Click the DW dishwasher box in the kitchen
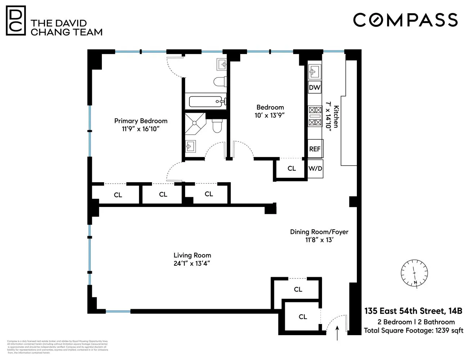point(314,87)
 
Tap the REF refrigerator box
point(315,149)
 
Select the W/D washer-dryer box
point(315,168)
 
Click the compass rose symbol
point(415,273)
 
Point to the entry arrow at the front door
point(337,333)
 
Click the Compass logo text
point(405,20)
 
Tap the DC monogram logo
point(16,21)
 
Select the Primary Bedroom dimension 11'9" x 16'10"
point(140,129)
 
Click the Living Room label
point(192,255)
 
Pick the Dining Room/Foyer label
point(319,232)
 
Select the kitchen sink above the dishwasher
point(314,71)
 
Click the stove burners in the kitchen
point(315,116)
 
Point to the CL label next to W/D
point(291,168)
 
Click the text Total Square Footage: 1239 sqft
point(413,330)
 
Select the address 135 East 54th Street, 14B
point(413,311)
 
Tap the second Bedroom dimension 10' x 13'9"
point(270,115)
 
